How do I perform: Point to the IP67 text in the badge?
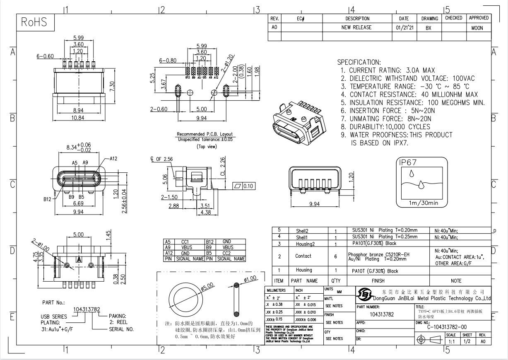point(408,163)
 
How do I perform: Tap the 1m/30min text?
point(423,203)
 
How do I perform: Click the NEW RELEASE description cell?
point(356,27)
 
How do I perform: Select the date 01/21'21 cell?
point(404,28)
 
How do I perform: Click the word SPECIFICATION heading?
point(359,62)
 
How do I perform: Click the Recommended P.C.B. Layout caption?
point(205,134)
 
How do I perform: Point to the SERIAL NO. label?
point(121,329)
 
